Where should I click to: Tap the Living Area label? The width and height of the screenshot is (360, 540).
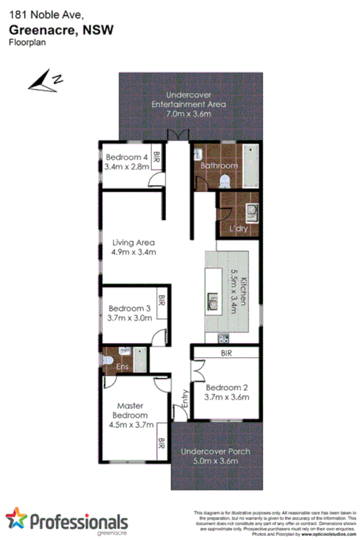134,243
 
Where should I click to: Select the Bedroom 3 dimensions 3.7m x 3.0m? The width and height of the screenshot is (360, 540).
130,319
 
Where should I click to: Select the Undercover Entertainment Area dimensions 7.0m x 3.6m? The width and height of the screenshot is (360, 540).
189,114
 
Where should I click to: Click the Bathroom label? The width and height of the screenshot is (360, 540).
219,165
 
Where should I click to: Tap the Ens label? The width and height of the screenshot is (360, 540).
122,367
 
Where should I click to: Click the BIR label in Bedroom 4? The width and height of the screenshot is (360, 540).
156,158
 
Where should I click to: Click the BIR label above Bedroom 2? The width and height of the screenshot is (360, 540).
226,353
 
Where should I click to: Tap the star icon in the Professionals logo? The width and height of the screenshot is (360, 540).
16,519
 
